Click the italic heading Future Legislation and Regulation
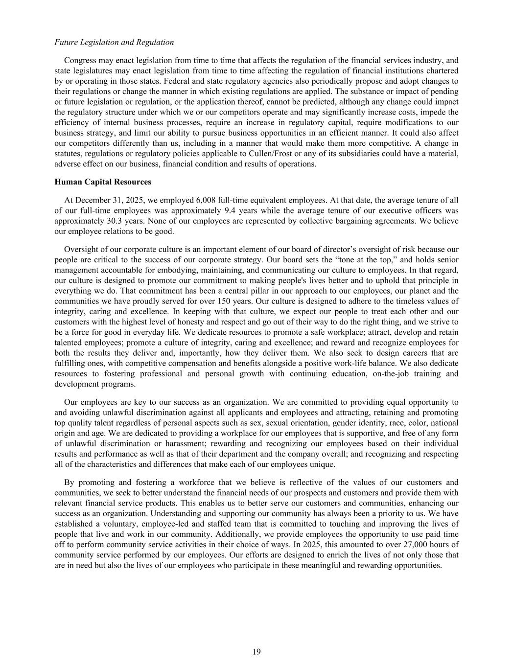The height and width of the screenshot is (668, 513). coord(114,42)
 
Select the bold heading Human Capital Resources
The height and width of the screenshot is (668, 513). coord(103,182)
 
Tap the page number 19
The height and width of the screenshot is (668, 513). coord(256,651)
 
